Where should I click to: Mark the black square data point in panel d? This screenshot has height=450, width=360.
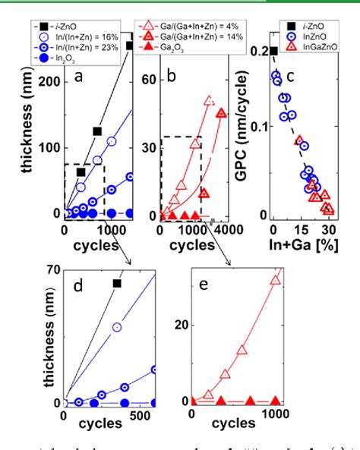[x=117, y=283]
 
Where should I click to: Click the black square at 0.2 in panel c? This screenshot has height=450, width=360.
[x=273, y=51]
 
